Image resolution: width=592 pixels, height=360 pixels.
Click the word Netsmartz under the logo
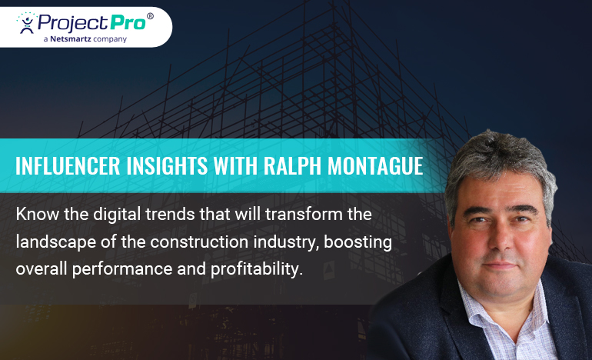tap(74, 38)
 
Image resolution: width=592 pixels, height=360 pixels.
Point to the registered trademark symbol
tap(150, 16)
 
